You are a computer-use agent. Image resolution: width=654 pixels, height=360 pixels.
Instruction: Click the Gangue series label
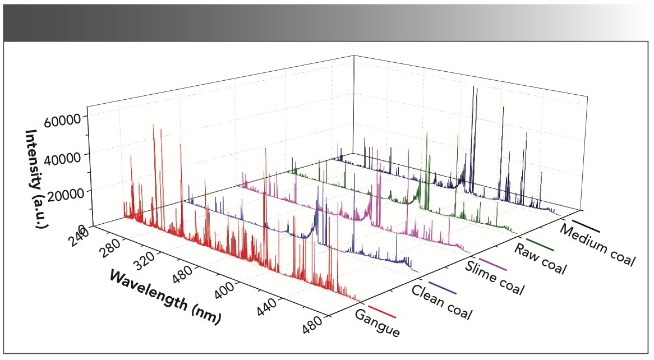[377, 322]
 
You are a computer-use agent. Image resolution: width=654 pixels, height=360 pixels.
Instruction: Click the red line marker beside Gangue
[381, 312]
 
